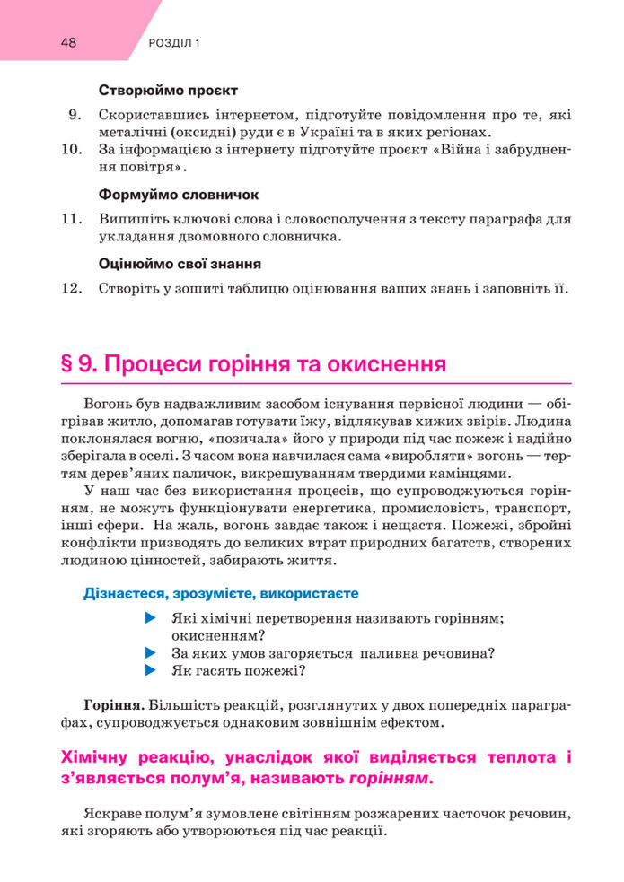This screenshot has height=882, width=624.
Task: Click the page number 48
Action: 69,42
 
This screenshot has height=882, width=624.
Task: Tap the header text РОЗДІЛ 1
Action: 172,43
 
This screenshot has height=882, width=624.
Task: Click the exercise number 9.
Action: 75,115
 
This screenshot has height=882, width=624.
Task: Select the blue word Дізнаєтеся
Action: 122,593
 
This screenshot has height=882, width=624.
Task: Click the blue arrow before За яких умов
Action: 149,653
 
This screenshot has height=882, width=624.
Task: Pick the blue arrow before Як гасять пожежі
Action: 149,670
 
